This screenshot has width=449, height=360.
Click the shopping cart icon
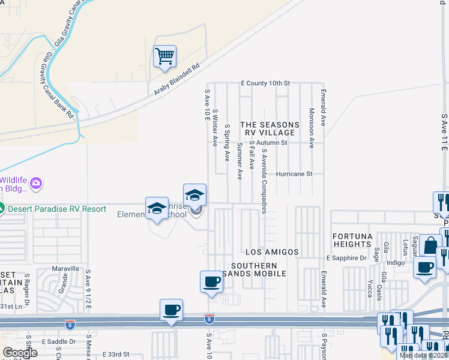click(x=164, y=56)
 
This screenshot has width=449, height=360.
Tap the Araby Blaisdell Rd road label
click(x=174, y=79)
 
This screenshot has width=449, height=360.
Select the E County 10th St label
click(x=265, y=83)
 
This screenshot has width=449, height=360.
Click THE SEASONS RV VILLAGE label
click(x=270, y=128)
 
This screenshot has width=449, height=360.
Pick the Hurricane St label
click(x=295, y=174)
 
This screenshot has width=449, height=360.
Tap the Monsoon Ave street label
click(x=312, y=128)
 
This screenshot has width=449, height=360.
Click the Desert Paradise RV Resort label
click(x=56, y=209)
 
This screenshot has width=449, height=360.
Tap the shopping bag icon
click(x=430, y=245)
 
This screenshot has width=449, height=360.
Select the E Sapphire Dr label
click(x=346, y=258)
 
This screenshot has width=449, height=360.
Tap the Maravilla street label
click(x=65, y=268)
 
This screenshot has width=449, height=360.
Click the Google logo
click(x=20, y=352)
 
